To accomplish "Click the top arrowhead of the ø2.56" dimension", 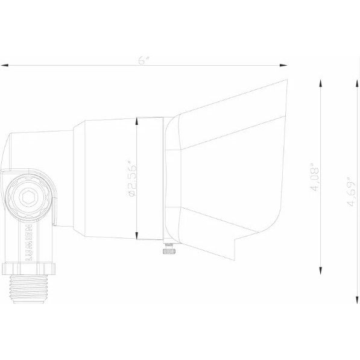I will [x=138, y=121].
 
